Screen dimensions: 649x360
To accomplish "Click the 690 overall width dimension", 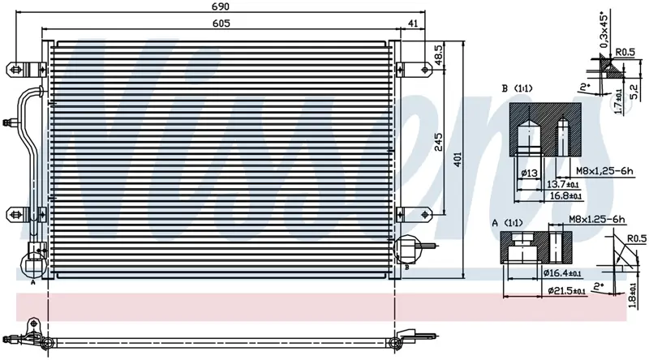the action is point(221,6).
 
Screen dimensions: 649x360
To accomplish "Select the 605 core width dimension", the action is point(221,24).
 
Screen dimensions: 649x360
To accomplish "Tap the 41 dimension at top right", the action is point(414,24).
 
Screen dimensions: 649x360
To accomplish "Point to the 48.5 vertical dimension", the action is point(438,55).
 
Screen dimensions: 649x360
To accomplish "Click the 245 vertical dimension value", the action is point(438,142).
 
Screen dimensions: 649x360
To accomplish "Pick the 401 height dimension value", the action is point(457,159).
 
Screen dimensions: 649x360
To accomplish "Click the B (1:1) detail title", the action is point(517,88).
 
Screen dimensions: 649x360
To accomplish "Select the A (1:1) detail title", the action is point(507,224).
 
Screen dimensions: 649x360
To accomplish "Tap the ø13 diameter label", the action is point(530,173).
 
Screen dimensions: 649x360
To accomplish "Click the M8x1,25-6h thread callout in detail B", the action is point(604,170).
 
